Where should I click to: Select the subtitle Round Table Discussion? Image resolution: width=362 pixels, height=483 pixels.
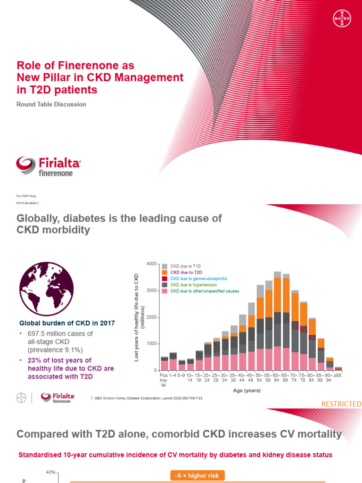coord(51,104)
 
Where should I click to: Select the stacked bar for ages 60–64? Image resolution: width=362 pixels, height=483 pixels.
coord(278,321)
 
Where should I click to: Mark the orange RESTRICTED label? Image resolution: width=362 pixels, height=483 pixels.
coord(341,404)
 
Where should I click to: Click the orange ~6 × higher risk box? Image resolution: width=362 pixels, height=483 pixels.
coord(197,475)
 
